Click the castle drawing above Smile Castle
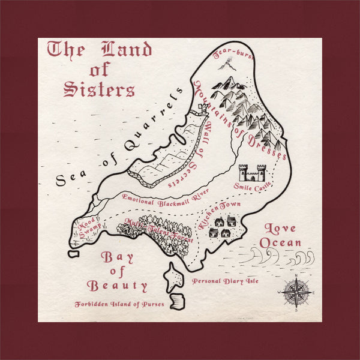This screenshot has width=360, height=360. click(x=253, y=173)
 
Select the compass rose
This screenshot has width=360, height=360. click(x=296, y=293)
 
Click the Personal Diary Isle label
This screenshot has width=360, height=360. click(x=225, y=281)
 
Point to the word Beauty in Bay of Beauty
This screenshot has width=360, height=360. click(x=117, y=285)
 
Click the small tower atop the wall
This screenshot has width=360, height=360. click(x=203, y=109)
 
